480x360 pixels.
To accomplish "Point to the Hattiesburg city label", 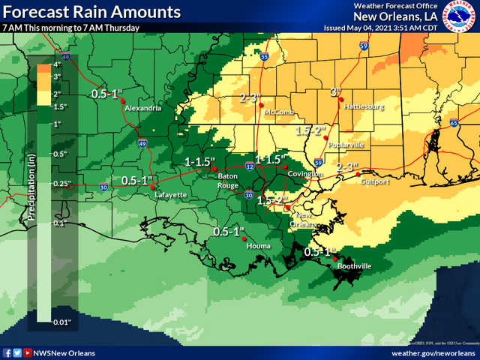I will (x=364, y=107).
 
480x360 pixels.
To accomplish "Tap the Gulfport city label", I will (x=375, y=181).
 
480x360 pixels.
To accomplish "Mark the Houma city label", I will (x=256, y=245).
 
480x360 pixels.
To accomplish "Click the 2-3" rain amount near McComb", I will (x=250, y=98).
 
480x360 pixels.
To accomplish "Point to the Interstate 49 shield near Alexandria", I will (x=142, y=142).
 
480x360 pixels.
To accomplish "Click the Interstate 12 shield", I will (x=249, y=166).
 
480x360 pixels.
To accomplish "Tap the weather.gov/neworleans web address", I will (x=433, y=352).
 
